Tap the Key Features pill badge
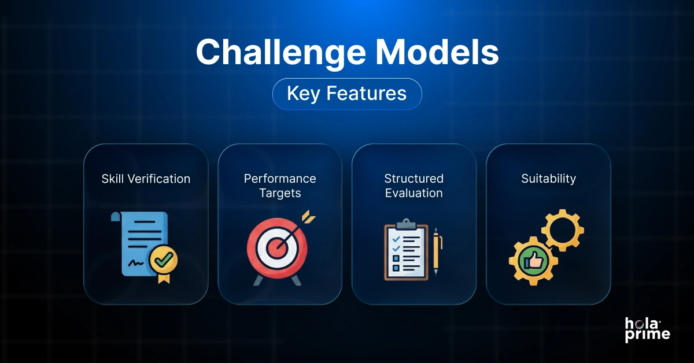pos(347,94)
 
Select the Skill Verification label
pos(146,179)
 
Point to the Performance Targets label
pos(280,186)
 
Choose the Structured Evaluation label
pos(414,186)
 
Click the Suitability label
pos(548,179)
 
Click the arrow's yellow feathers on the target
pos(309,218)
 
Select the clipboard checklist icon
pos(406,251)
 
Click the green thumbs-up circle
pos(533,261)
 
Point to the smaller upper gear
pos(562,230)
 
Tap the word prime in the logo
pos(647,336)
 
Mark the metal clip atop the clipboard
pos(407,224)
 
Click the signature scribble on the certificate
pos(137,263)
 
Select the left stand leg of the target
pos(257,280)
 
